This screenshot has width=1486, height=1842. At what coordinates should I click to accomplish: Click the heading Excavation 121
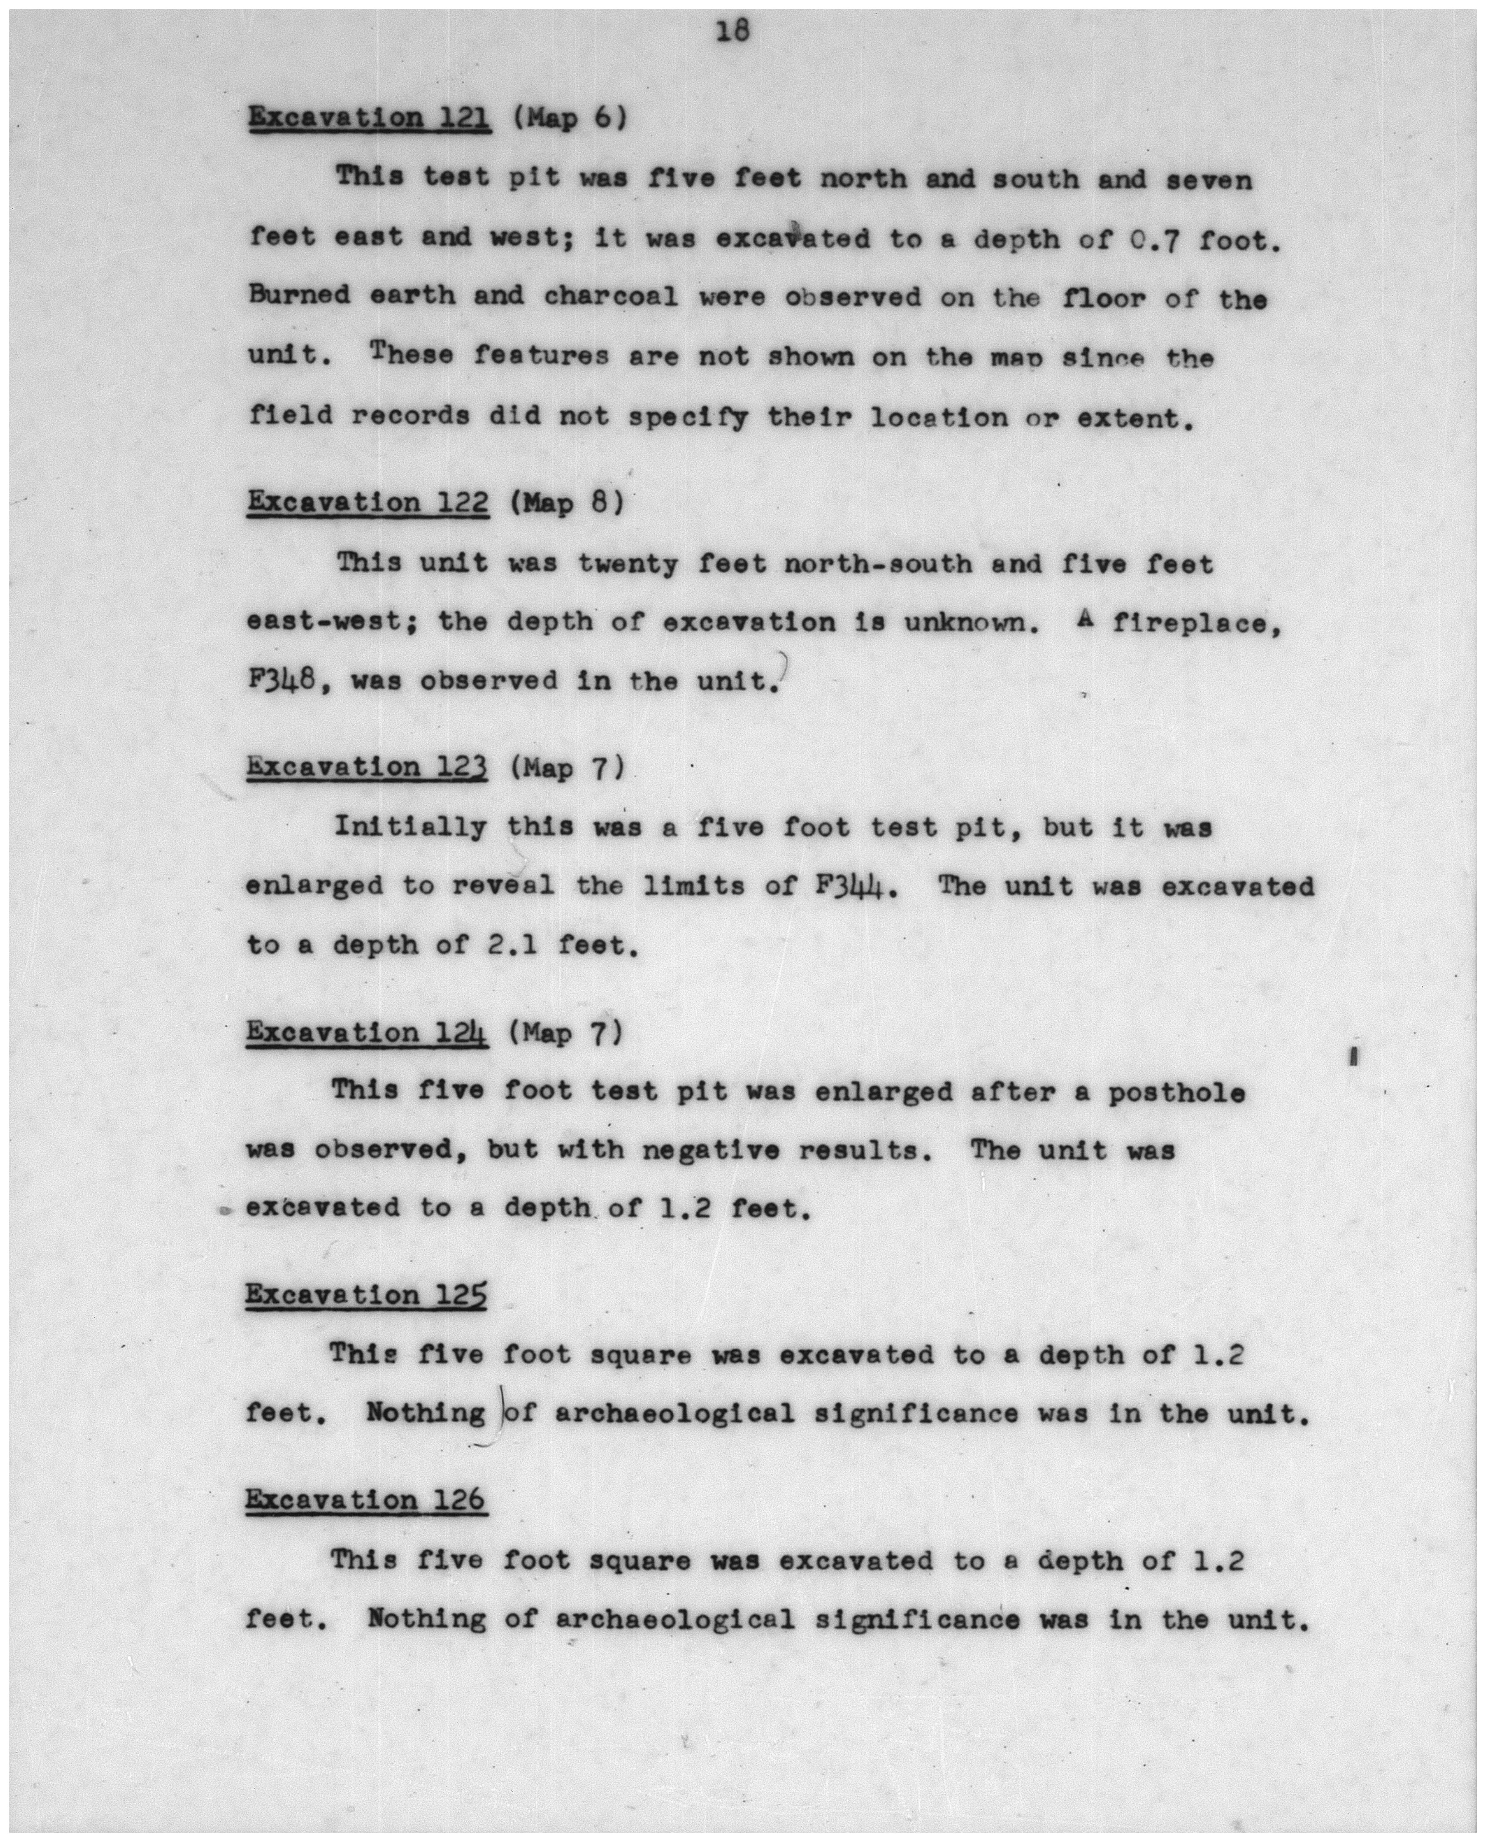369,117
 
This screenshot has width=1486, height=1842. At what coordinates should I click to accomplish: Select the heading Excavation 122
368,503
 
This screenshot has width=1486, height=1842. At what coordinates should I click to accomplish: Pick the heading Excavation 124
367,1033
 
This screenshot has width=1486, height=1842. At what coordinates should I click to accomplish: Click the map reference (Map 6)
569,117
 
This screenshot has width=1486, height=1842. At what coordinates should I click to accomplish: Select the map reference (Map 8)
566,503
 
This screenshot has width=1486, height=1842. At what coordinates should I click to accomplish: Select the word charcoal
611,297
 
